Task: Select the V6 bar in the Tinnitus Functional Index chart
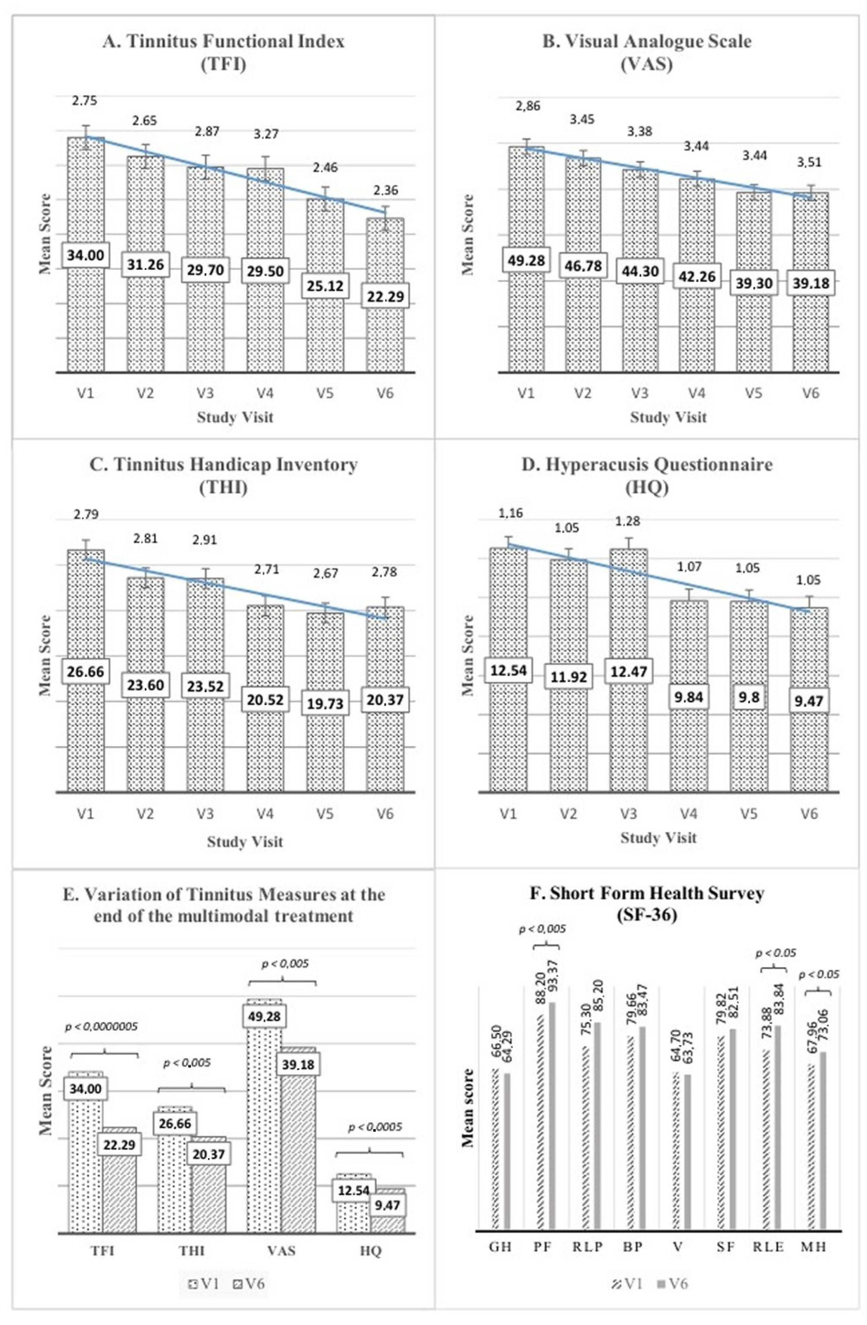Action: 385,334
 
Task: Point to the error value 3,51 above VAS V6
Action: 810,163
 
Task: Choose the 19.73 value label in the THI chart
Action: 325,703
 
